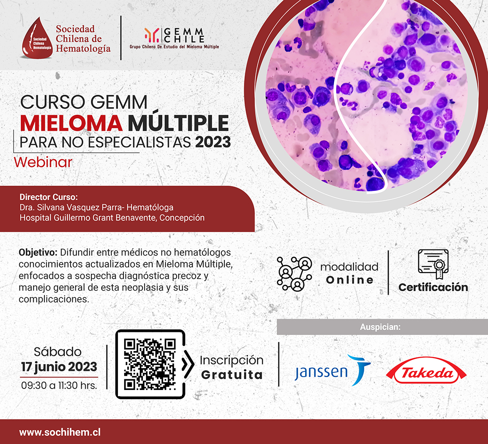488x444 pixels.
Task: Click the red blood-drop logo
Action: (37, 39)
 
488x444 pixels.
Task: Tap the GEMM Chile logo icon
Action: (152, 35)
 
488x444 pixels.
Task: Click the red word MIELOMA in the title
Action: (71, 123)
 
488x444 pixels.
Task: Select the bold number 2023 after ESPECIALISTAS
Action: (213, 142)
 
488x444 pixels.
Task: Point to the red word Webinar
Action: (43, 162)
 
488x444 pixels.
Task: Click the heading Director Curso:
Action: (48, 197)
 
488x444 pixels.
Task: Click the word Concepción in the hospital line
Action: (182, 218)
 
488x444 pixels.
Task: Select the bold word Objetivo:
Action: (38, 253)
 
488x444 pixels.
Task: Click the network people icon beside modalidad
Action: (295, 273)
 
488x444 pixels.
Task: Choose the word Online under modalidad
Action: (350, 280)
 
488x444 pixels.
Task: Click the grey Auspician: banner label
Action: (380, 327)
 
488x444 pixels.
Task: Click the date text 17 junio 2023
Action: (59, 367)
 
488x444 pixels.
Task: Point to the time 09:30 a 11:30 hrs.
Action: (59, 386)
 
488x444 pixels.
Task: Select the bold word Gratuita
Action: (232, 375)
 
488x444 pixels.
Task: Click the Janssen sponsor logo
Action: (333, 370)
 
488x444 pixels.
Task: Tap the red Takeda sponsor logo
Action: (426, 370)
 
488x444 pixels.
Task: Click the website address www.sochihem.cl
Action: (60, 432)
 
